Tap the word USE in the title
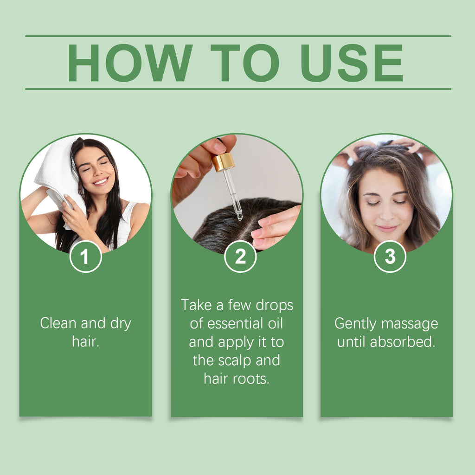click(x=352, y=63)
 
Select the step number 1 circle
click(x=85, y=256)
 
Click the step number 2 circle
click(x=240, y=256)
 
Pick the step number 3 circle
click(x=390, y=256)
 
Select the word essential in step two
click(x=233, y=323)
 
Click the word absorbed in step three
click(x=403, y=342)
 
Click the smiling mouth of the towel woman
click(x=101, y=181)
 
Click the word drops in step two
click(x=275, y=306)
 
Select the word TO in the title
click(x=245, y=63)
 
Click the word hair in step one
click(x=86, y=342)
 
